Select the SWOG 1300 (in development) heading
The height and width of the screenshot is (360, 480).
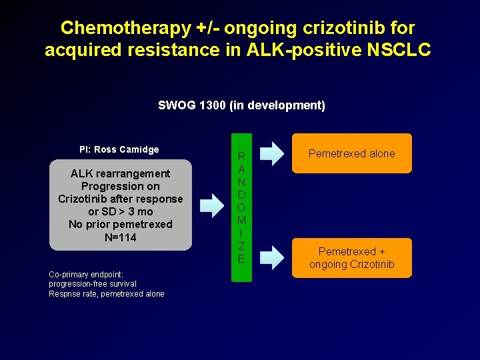[241, 105]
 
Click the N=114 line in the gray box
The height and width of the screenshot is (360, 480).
[120, 237]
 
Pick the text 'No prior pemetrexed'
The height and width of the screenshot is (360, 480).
[120, 224]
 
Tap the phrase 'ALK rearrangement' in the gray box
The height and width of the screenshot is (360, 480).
[120, 173]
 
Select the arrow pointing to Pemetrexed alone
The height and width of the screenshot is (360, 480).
[270, 153]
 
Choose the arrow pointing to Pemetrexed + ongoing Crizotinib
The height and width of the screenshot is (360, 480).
[270, 253]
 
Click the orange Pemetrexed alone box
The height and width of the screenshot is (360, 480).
[351, 153]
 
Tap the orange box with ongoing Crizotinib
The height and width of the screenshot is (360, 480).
[351, 258]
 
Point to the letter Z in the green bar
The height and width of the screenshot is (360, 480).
[241, 246]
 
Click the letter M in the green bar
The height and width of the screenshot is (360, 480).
[241, 220]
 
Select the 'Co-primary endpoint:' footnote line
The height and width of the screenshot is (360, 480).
[81, 274]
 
